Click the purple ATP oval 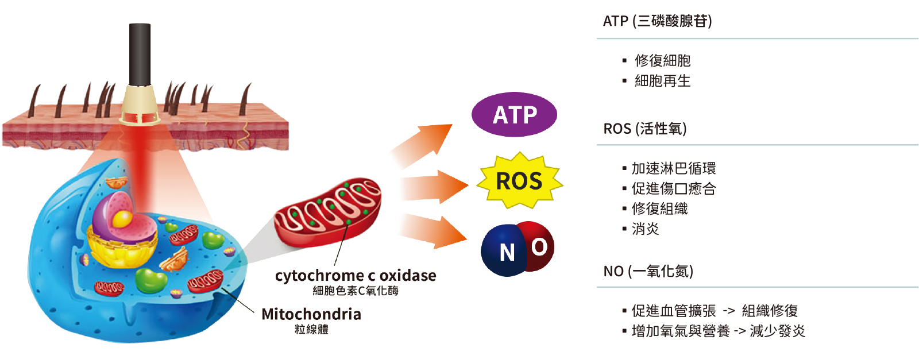coord(514,115)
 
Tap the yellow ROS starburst coord(519,181)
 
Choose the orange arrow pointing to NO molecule coord(434,230)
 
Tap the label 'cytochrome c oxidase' coord(356,276)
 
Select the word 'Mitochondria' coord(311,314)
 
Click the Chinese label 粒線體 coord(311,330)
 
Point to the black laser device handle coord(140,54)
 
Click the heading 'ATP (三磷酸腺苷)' coord(657,21)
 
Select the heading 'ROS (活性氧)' coord(644,129)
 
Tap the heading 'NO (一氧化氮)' coord(648,271)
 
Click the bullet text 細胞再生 coord(662,81)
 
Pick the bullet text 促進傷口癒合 coord(673,188)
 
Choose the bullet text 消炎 coord(645,229)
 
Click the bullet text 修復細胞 coord(662,60)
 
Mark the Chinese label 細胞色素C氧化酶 coord(356,291)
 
